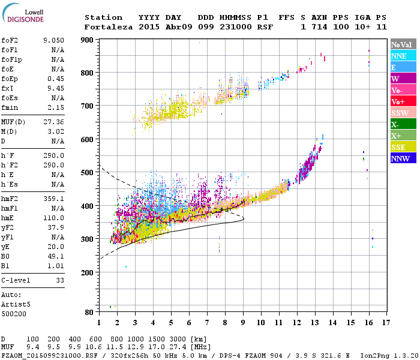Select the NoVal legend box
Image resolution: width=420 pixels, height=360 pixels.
coord(401,44)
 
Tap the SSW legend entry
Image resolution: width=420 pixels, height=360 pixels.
coord(401,113)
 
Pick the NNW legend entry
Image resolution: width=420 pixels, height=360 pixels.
coord(401,159)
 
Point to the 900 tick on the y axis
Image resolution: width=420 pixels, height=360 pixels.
coord(88,40)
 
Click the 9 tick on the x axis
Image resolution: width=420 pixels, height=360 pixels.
coord(243,323)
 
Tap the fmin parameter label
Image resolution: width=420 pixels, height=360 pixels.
coord(10,107)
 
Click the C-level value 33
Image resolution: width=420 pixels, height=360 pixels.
coord(59,280)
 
